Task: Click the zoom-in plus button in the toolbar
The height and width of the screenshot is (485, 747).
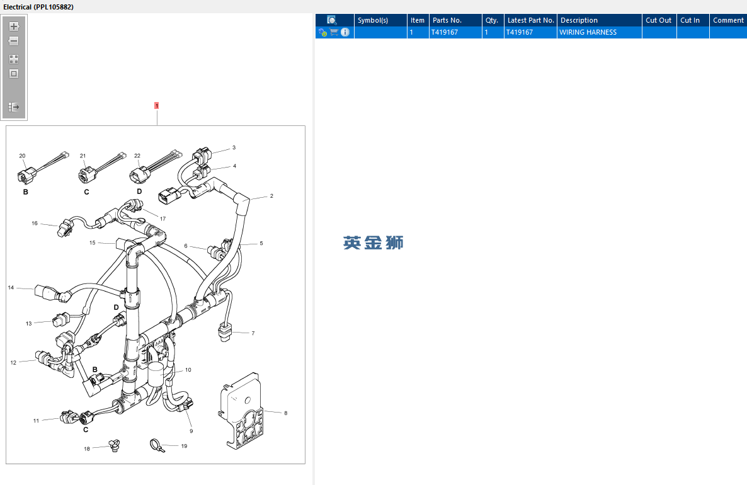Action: (x=14, y=26)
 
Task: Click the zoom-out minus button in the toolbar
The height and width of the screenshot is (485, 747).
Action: (x=14, y=42)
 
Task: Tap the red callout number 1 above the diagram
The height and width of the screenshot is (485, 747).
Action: (x=156, y=106)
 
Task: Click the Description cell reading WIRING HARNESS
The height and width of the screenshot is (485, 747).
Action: (x=588, y=32)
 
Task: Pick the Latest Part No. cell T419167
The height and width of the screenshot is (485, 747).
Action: (x=519, y=32)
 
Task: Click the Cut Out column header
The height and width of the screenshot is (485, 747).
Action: (x=658, y=20)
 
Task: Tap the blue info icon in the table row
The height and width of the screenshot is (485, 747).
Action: (x=345, y=32)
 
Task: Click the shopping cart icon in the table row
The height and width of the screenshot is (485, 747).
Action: (x=334, y=32)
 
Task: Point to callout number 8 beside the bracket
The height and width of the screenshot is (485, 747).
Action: (x=286, y=413)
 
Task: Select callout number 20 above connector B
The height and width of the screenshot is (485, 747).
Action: (x=23, y=156)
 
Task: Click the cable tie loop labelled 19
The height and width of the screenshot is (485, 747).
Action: (x=156, y=445)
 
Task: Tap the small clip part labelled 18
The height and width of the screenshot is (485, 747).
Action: (x=114, y=446)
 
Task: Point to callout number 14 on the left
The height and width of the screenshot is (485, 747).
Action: (x=11, y=288)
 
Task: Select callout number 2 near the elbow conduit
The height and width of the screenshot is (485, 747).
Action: (x=271, y=196)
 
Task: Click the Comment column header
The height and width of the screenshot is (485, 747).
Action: (x=728, y=20)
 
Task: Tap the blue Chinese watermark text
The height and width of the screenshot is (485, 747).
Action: (x=373, y=243)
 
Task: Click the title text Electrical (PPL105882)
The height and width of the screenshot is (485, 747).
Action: (x=38, y=7)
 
